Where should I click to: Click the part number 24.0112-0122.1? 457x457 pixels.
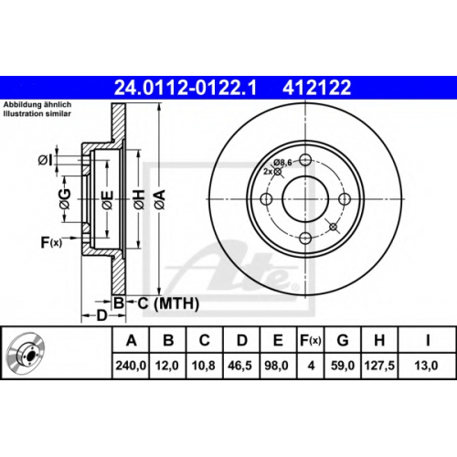pos(186,88)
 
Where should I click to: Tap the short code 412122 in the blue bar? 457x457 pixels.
pos(317,88)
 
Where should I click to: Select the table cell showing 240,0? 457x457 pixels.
pos(131,366)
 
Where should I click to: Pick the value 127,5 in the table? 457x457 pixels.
pos(379,366)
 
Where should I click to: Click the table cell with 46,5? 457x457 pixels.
pos(240,366)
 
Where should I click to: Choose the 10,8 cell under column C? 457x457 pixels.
pos(204,366)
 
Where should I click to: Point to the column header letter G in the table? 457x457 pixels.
pos(343,340)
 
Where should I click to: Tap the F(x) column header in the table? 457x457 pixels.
pos(311,340)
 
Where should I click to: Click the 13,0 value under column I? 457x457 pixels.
pos(426,366)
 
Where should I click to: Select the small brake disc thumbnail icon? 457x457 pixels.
pos(27,352)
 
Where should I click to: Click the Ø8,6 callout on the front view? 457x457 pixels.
pos(282,163)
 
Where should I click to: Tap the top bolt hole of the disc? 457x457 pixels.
pos(305,160)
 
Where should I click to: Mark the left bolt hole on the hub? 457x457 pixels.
pos(266,199)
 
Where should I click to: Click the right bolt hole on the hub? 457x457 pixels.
pos(345,199)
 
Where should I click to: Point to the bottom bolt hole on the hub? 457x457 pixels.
pos(305,238)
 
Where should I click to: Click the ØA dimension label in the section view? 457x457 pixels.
pos(160,199)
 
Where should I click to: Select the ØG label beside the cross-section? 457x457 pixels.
pos(65,199)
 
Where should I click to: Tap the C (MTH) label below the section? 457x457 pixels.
pos(168,303)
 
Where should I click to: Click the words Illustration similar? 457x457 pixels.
pos(37,114)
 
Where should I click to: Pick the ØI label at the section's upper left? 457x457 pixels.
pos(46,160)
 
